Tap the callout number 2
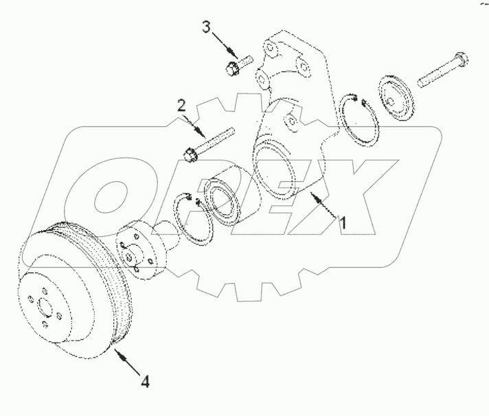point(181,106)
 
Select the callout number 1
point(344,222)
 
